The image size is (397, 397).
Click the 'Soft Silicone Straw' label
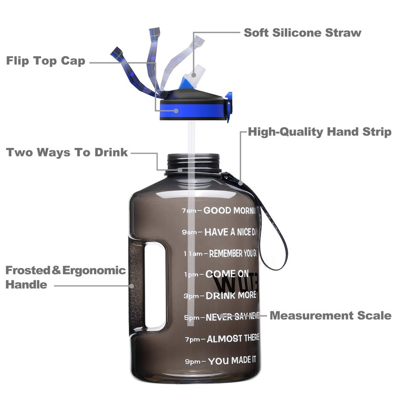302,33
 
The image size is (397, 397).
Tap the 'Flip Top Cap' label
46,61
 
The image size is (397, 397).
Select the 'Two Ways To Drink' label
67,152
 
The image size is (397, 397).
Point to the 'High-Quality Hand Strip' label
320,132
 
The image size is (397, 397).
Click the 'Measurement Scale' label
331,316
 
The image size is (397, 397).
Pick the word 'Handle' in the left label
27,285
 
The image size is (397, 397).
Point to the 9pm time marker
193,362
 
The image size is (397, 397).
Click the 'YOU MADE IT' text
233,361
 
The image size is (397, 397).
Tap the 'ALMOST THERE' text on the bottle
233,339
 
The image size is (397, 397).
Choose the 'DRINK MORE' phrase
231,296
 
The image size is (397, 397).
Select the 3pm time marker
191,296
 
